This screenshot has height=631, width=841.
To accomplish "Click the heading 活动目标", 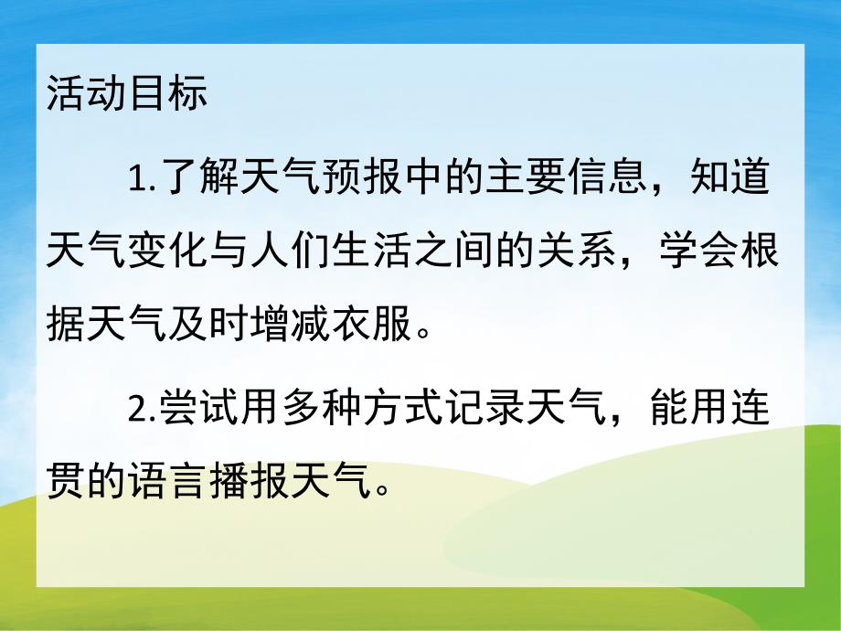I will tap(127, 95).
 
